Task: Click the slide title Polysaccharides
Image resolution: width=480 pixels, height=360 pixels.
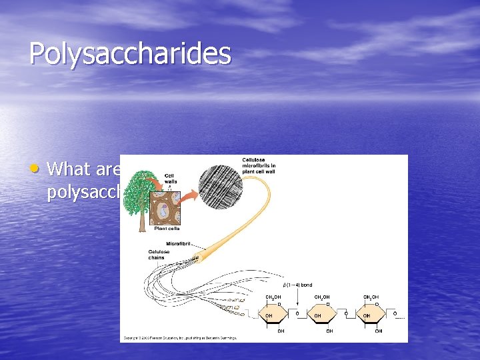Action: (130, 54)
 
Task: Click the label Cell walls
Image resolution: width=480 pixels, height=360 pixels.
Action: (170, 178)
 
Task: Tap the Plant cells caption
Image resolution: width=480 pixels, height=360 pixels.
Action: (167, 228)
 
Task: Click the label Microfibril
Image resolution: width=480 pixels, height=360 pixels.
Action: (179, 243)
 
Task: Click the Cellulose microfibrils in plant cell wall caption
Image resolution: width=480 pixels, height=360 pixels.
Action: (259, 165)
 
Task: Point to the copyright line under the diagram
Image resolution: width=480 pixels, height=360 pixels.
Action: (180, 338)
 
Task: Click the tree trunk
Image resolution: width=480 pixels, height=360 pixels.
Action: (141, 221)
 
